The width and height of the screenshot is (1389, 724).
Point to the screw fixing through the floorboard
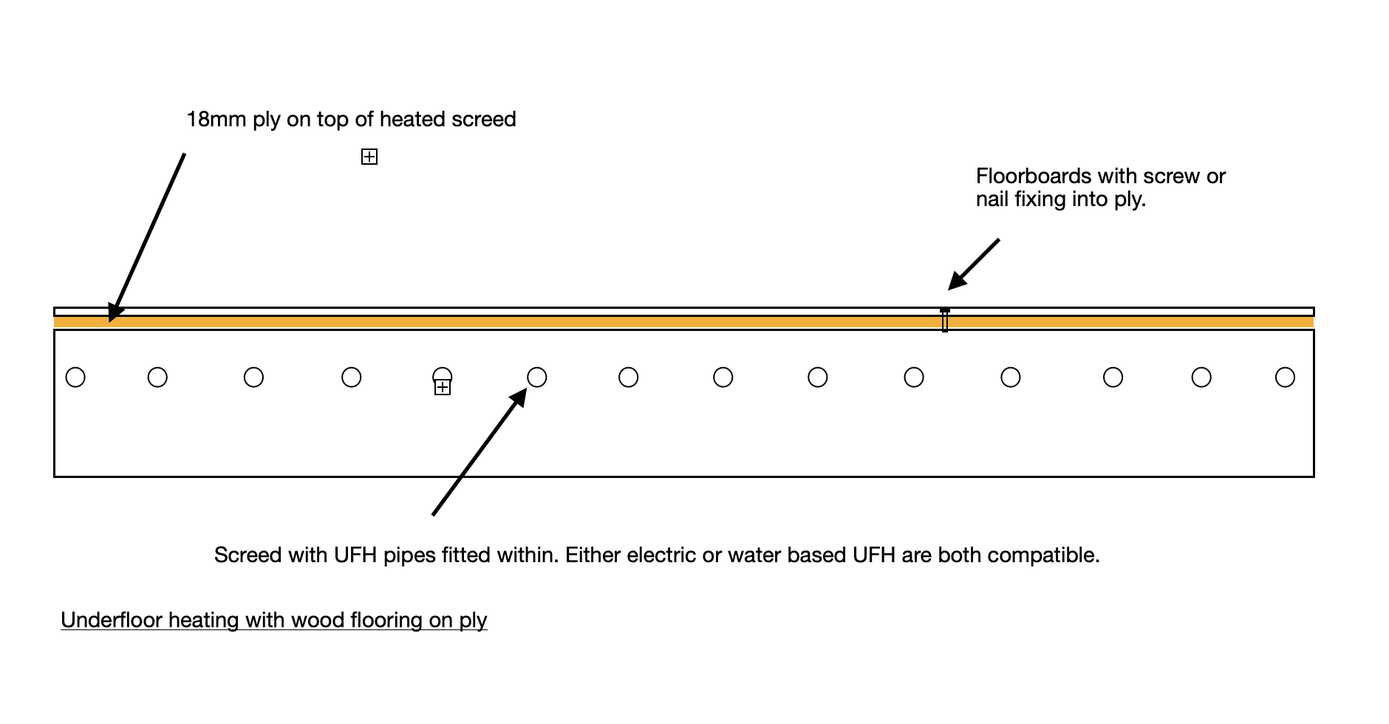pyautogui.click(x=945, y=320)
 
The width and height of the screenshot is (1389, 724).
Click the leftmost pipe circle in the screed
pyautogui.click(x=75, y=378)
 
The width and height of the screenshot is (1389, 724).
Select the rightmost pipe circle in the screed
pyautogui.click(x=1286, y=378)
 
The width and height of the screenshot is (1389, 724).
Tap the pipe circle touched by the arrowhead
pyautogui.click(x=537, y=378)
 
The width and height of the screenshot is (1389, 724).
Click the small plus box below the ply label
pyautogui.click(x=369, y=157)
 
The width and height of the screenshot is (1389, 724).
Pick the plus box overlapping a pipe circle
pyautogui.click(x=443, y=387)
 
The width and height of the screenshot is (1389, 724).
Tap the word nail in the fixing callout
pyautogui.click(x=992, y=199)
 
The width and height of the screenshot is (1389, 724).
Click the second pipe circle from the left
pyautogui.click(x=157, y=378)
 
